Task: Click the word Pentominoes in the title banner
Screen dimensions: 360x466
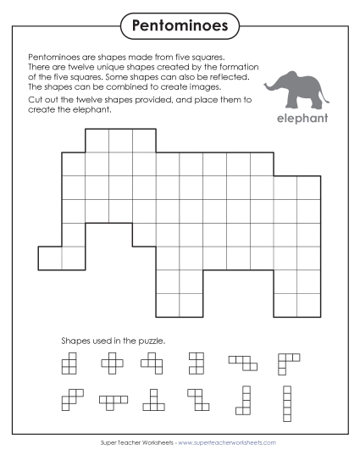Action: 180,25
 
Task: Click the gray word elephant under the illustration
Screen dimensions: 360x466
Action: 302,118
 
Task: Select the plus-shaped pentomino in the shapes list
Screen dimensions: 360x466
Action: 112,363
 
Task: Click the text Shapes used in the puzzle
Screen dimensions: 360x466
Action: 113,341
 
